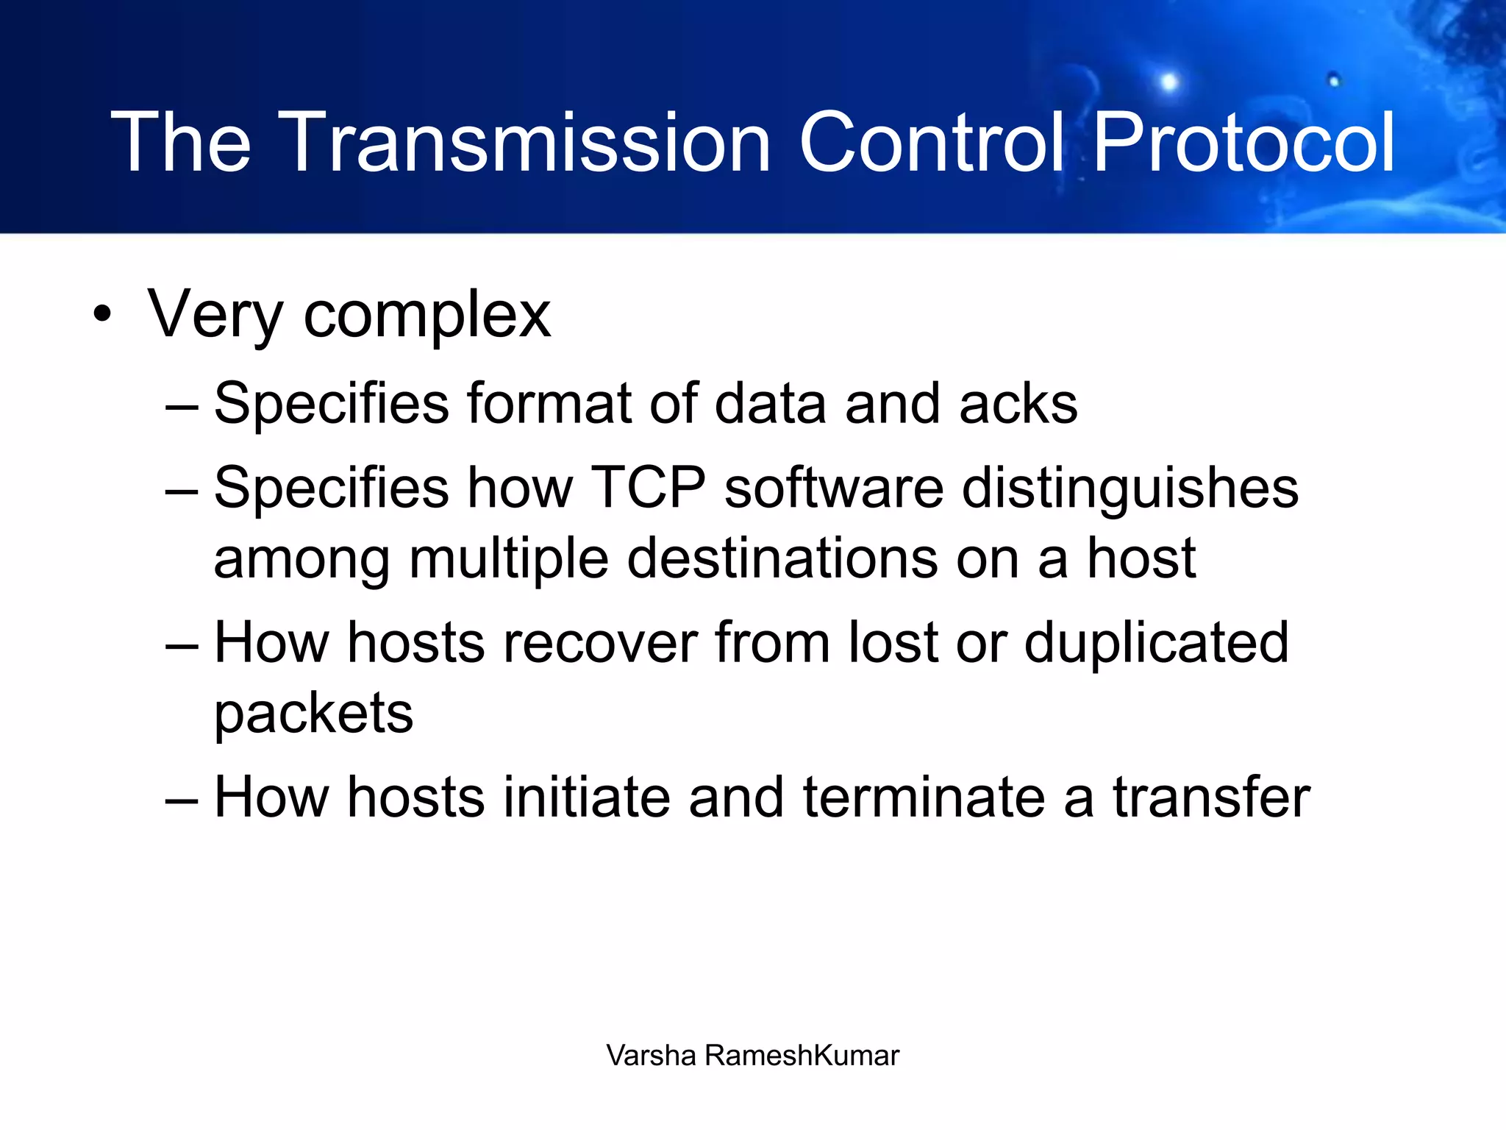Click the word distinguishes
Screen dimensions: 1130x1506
pos(1130,489)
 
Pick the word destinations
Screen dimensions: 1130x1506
pos(782,558)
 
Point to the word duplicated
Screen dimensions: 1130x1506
pos(1156,642)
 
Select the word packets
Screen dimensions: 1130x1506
pos(314,714)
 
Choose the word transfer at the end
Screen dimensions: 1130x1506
pos(1211,797)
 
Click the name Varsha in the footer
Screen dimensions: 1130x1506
pos(651,1056)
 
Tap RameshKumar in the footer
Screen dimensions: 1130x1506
pos(802,1056)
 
